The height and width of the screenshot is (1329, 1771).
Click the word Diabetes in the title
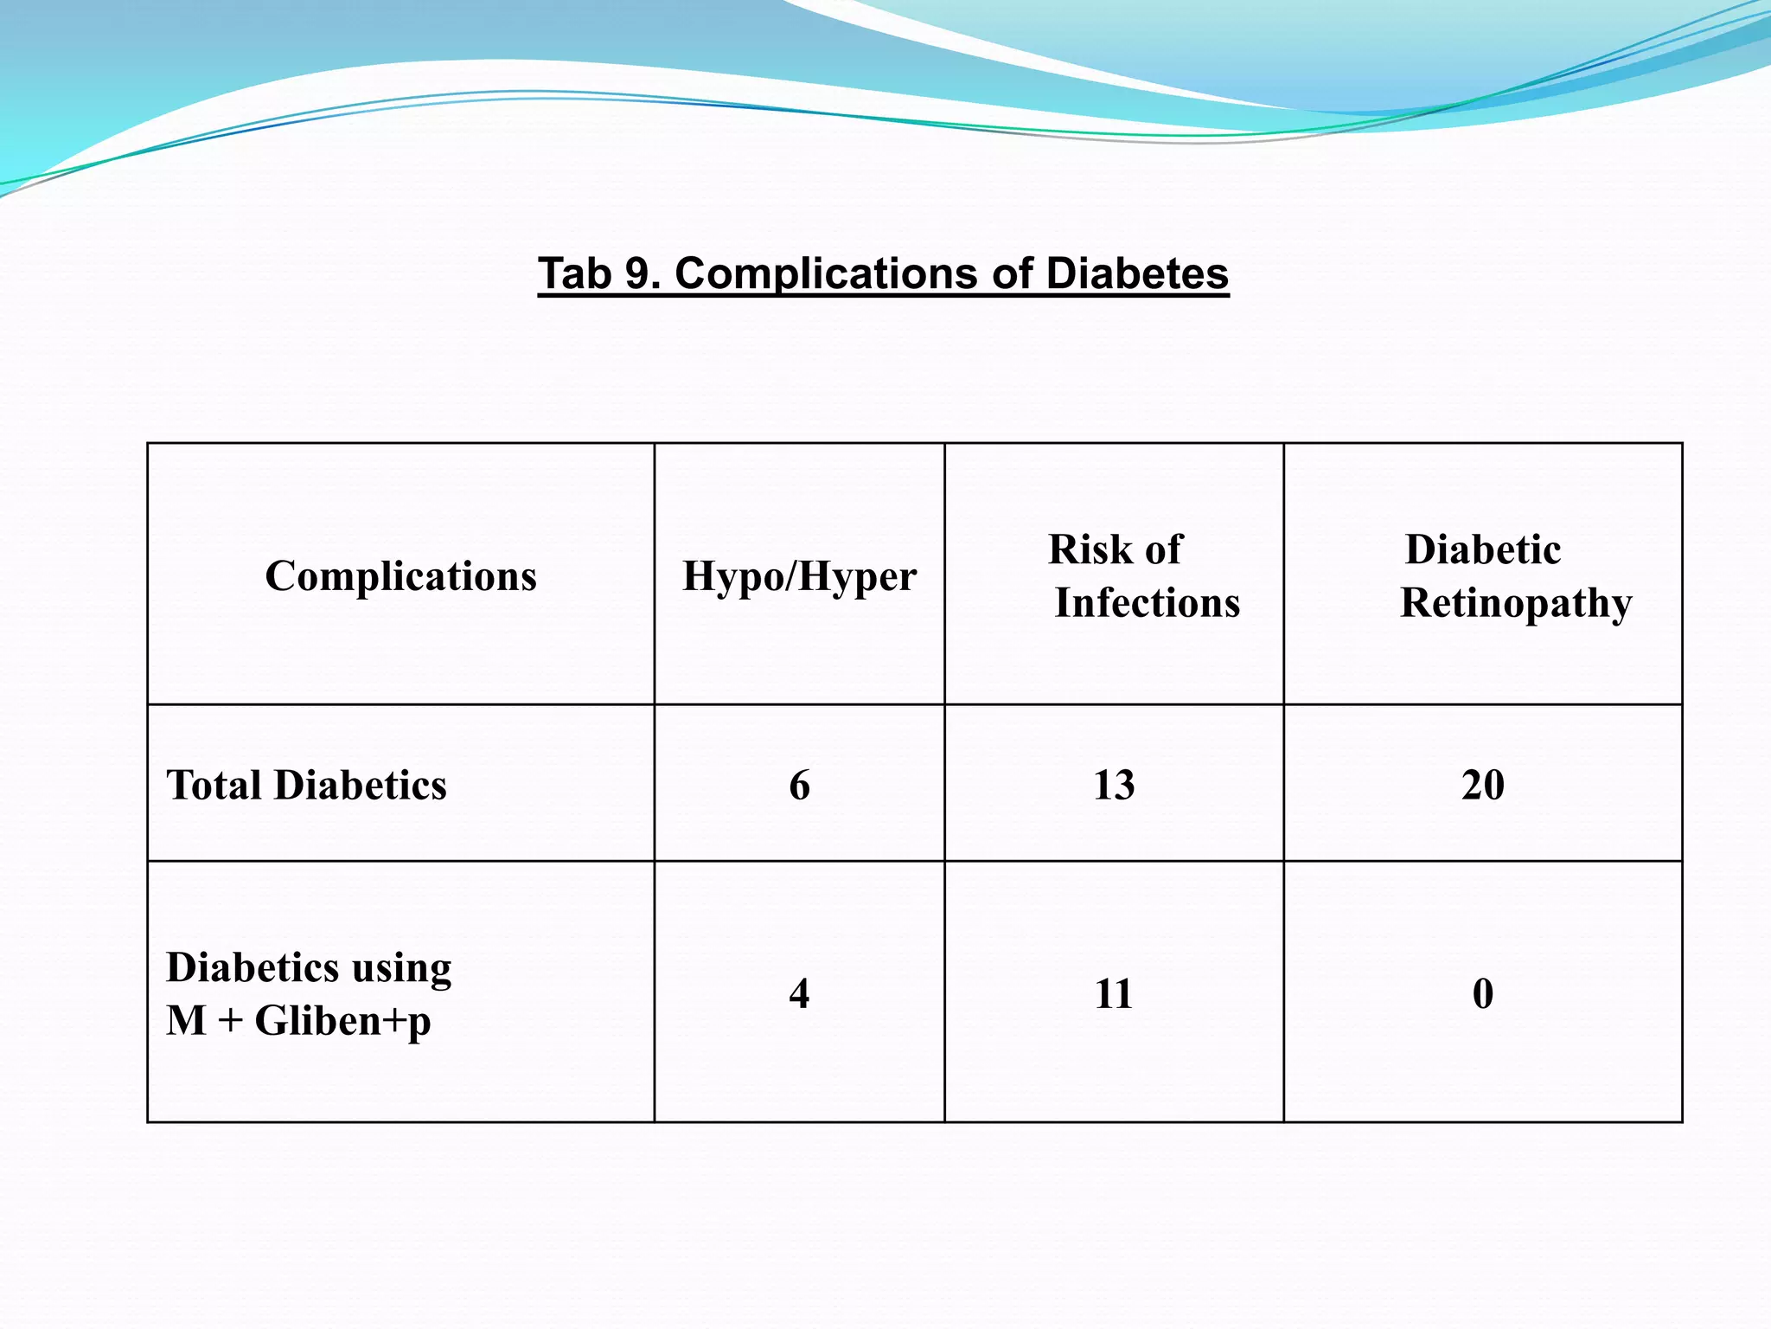coord(1136,273)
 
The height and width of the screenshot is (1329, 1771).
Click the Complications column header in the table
coord(400,576)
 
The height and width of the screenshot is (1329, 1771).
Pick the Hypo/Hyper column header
coord(799,576)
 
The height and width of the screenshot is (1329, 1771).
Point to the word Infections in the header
coord(1147,602)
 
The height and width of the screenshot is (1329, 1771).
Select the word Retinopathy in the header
coord(1516,604)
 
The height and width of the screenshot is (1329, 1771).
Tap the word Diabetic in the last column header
coord(1482,549)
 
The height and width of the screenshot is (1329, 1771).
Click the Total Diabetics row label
coord(306,785)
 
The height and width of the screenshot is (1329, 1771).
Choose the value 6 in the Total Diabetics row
coord(799,785)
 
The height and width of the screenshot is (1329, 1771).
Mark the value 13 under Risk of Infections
coord(1114,785)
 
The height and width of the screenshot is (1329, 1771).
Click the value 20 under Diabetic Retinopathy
coord(1482,785)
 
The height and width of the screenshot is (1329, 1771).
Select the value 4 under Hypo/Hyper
coord(799,993)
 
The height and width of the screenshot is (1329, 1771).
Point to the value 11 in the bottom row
coord(1114,993)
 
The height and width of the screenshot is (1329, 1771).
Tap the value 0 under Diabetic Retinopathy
coord(1482,993)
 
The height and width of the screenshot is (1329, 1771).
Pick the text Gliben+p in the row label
coord(342,1021)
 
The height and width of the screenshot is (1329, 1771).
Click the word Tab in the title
coord(574,273)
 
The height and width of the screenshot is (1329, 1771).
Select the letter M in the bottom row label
coord(187,1021)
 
